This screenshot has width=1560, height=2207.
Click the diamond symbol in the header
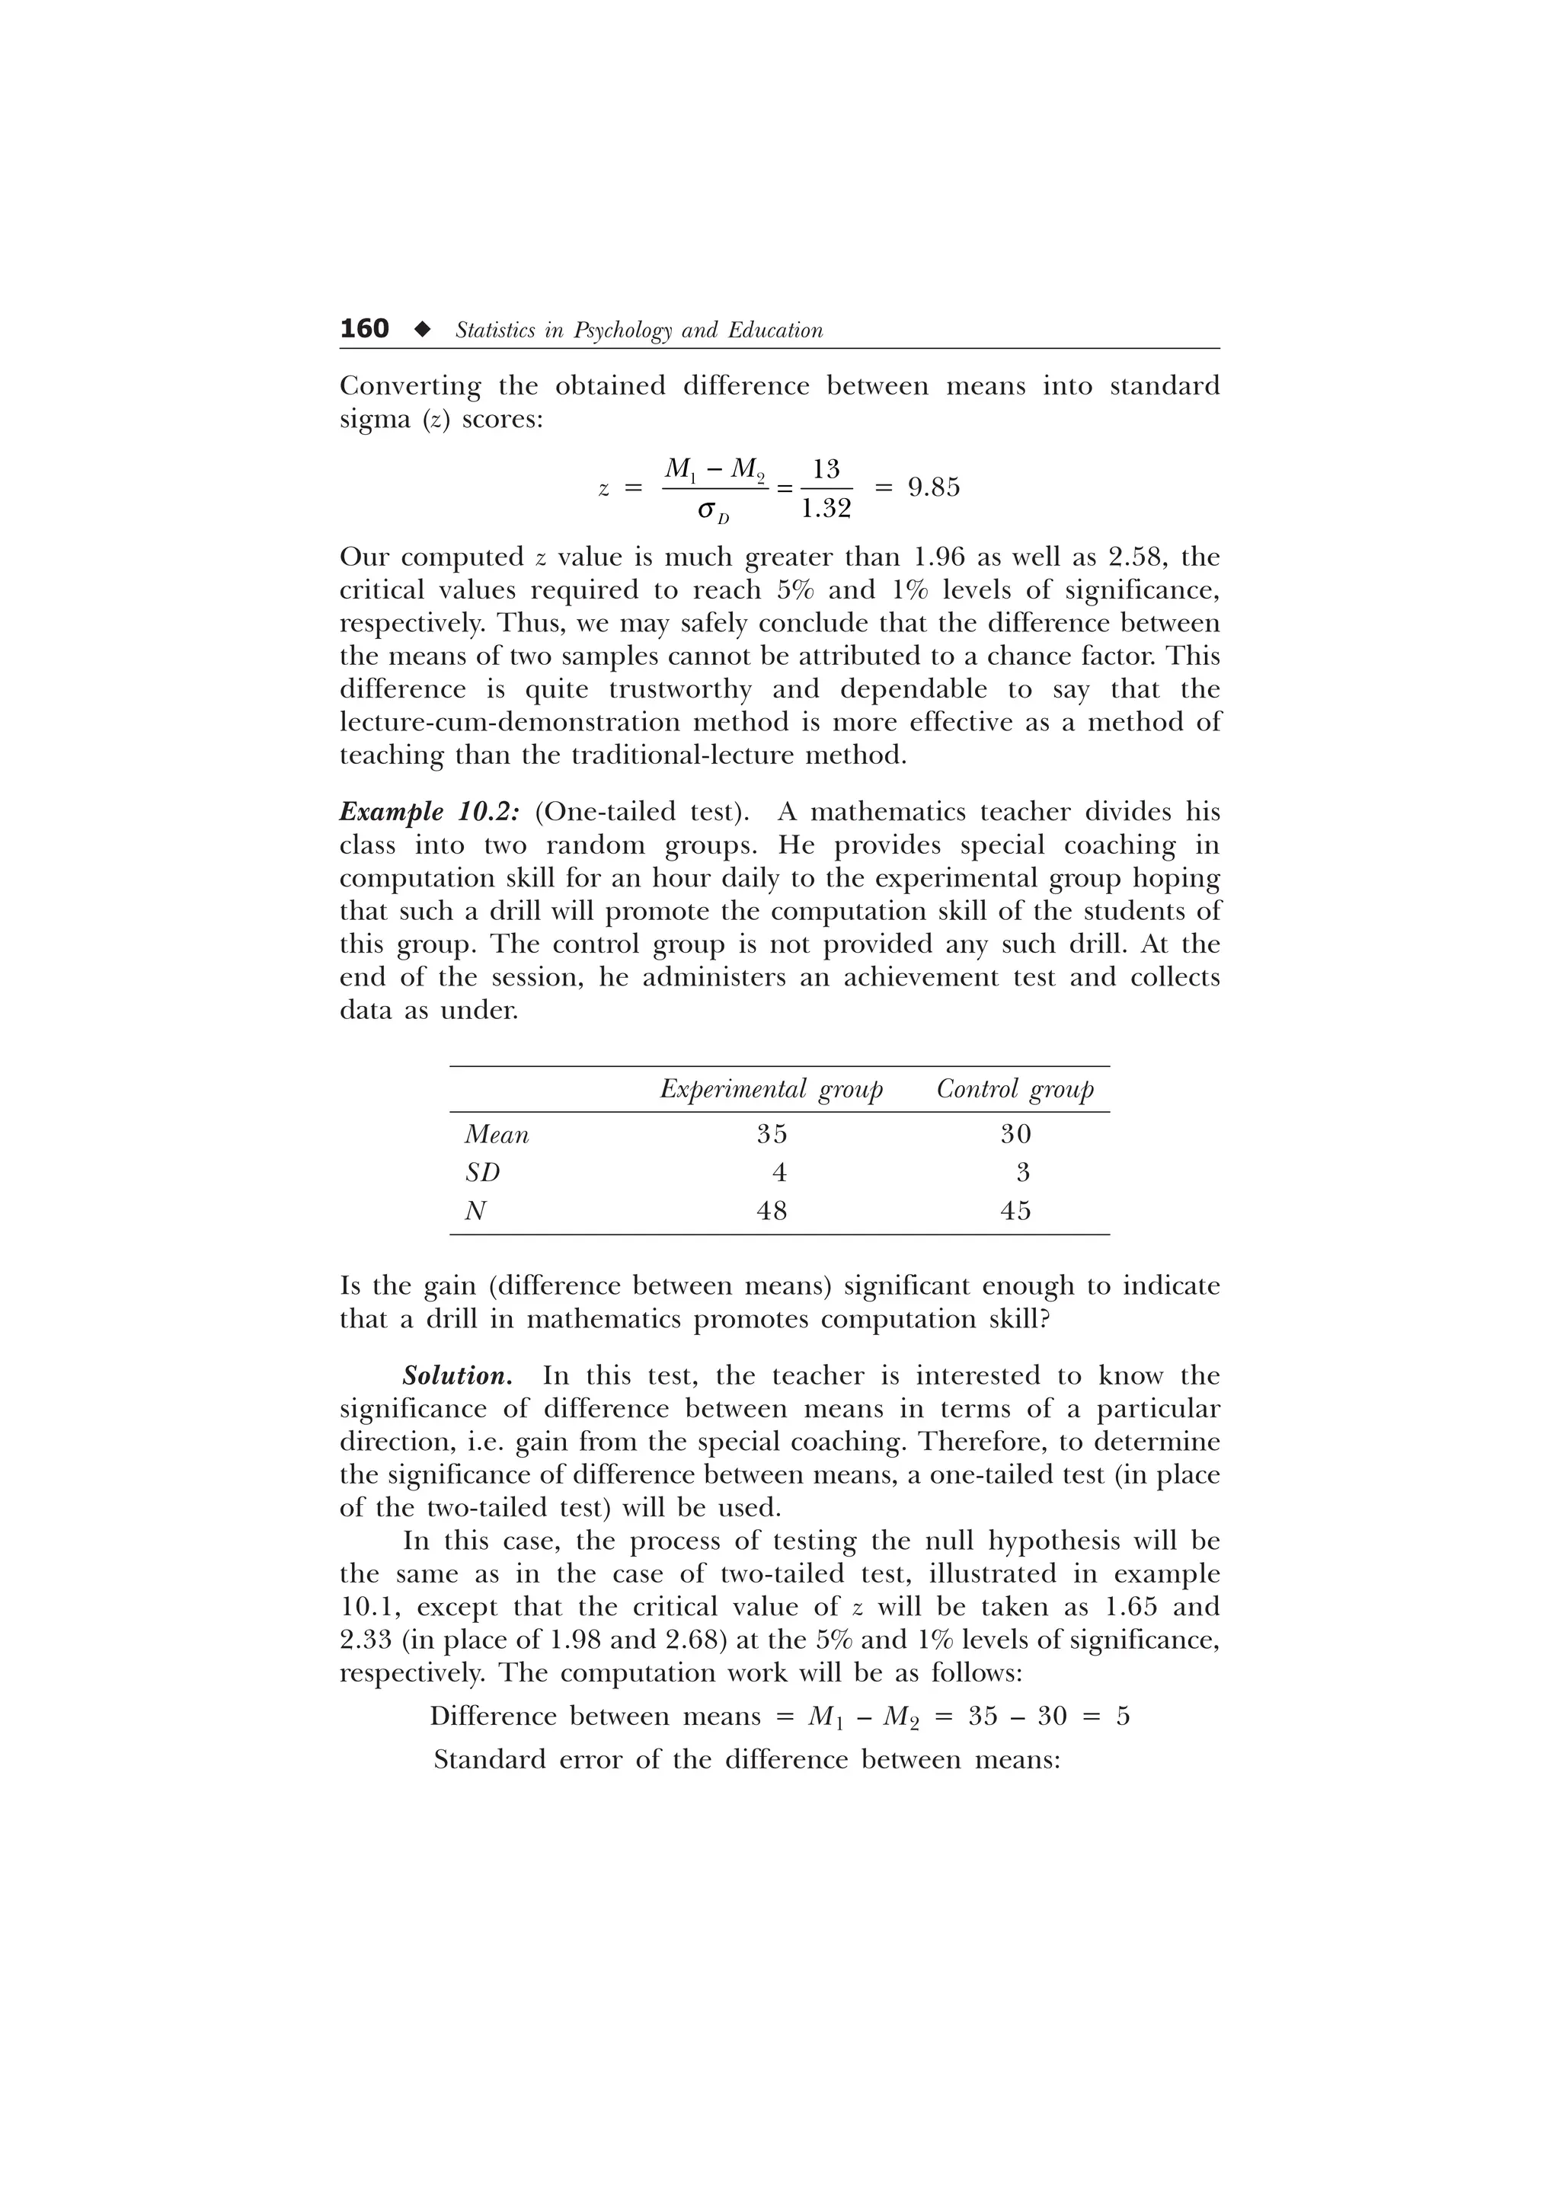coord(421,330)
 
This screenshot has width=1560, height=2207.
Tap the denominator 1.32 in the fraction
coord(826,509)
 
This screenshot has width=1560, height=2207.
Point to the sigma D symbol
coord(713,514)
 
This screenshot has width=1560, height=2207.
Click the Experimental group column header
coord(771,1089)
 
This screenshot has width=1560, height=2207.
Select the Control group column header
coord(1015,1089)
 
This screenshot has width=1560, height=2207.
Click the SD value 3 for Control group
coord(1023,1173)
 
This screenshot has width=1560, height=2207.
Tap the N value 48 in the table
coord(771,1211)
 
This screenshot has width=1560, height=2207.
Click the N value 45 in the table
coord(1015,1211)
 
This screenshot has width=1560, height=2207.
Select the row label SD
coord(482,1173)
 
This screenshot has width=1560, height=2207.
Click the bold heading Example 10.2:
coord(430,813)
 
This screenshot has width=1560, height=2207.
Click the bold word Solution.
coord(456,1375)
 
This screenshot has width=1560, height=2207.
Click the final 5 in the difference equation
coord(1123,1716)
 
